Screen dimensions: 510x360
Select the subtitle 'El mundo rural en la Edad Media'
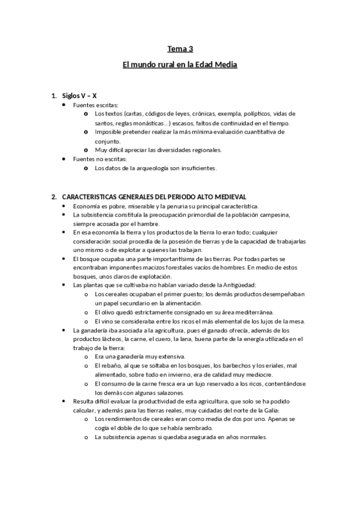tap(180, 64)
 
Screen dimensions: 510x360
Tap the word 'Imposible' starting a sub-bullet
tap(109, 132)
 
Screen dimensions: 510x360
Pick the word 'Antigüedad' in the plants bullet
tap(224, 284)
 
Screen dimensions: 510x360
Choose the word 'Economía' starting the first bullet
tap(88, 206)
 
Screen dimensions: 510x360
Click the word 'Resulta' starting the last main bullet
tap(84, 401)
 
